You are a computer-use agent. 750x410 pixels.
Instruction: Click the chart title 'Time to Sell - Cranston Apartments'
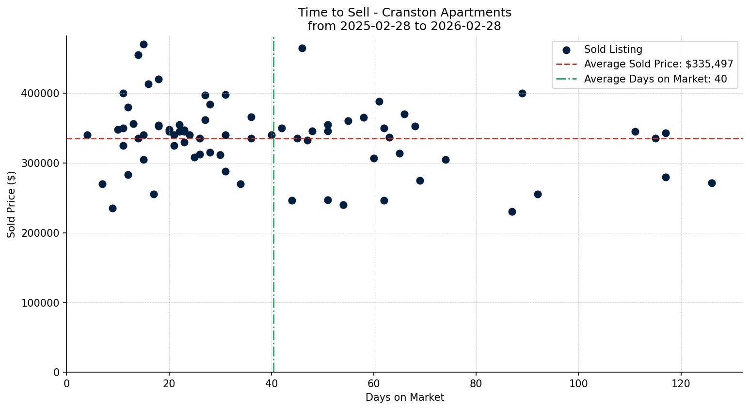pos(404,13)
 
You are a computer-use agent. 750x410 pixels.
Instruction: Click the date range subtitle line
pos(404,26)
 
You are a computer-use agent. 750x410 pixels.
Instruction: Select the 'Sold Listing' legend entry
pos(613,49)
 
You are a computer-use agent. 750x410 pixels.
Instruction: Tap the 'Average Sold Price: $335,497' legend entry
pos(658,64)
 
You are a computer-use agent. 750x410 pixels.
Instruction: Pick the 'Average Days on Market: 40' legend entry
pos(655,79)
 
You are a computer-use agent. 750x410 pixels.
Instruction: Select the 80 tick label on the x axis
pos(476,384)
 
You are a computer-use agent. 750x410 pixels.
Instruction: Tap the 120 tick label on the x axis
pos(681,384)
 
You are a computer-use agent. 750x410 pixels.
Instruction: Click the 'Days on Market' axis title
pos(404,397)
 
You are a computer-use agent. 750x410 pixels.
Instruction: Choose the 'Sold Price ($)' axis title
pos(12,204)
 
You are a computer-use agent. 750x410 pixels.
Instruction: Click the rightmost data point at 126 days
pos(712,183)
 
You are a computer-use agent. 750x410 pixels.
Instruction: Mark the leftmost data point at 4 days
pos(87,135)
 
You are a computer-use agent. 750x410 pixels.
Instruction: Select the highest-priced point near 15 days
pos(144,44)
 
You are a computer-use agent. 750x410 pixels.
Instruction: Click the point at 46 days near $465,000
pos(302,48)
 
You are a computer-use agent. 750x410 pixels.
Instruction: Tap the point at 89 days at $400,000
pos(522,93)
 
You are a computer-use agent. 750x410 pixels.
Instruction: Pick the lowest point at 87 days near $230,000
pos(512,212)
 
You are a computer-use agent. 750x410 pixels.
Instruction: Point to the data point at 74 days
pos(446,160)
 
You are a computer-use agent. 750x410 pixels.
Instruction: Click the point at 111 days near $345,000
pos(635,131)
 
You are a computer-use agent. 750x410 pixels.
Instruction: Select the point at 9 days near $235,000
pos(112,208)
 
